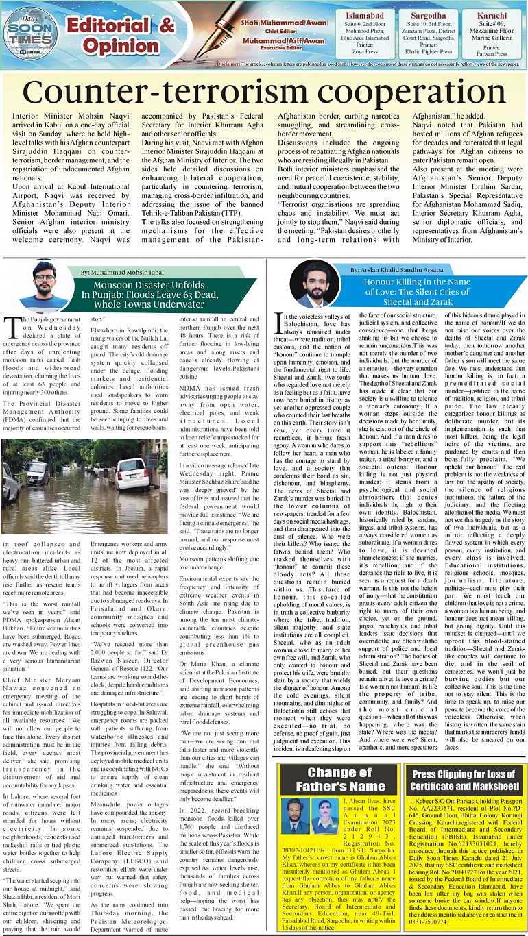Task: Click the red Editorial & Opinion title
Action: (x=120, y=36)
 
